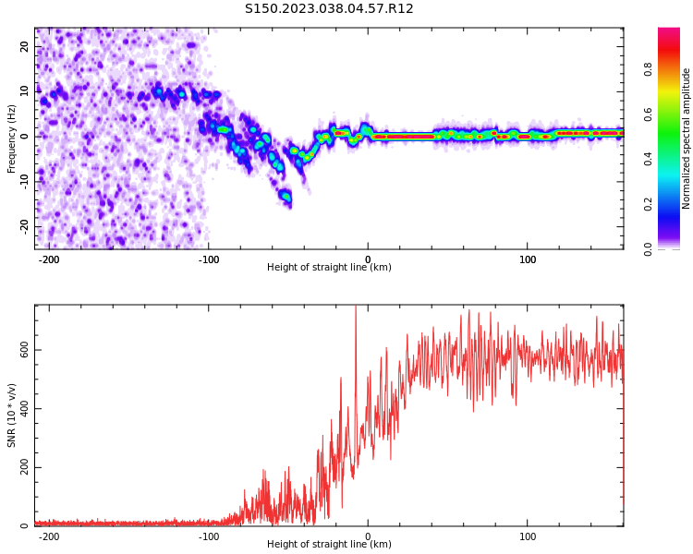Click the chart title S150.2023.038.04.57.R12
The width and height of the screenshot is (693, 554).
click(x=329, y=9)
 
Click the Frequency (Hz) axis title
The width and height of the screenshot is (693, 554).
click(x=12, y=138)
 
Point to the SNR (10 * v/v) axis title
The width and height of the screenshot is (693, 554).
click(x=12, y=415)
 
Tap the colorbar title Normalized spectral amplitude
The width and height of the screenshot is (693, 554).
click(x=687, y=138)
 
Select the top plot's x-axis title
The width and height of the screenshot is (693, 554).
click(x=329, y=268)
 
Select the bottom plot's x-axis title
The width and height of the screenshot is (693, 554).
click(x=329, y=545)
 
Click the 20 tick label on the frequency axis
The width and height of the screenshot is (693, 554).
click(x=25, y=46)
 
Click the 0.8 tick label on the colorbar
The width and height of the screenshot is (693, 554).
click(x=649, y=68)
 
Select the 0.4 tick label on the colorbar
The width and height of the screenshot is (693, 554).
click(x=649, y=158)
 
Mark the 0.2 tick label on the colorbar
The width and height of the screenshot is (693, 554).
click(x=649, y=203)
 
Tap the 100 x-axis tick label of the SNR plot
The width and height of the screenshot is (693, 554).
click(x=528, y=536)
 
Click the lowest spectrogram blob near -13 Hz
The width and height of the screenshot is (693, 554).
click(x=286, y=197)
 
